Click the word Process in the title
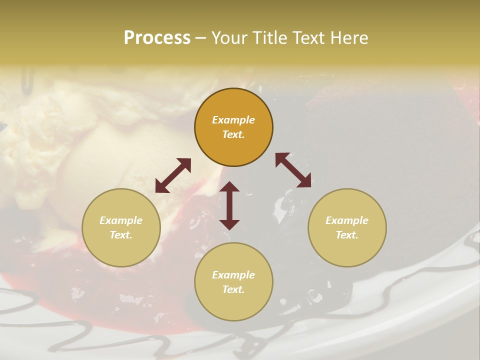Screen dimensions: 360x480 pyautogui.click(x=157, y=37)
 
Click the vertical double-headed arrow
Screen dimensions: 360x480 pyautogui.click(x=229, y=205)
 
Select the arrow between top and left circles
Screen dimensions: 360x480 pyautogui.click(x=173, y=175)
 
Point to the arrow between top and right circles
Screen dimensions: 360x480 pyautogui.click(x=293, y=170)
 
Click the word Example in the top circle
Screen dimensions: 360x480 pyautogui.click(x=233, y=120)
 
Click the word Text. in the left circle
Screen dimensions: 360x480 pyautogui.click(x=121, y=235)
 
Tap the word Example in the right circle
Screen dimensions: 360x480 pyautogui.click(x=347, y=220)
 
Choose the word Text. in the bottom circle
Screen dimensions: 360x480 pyautogui.click(x=233, y=289)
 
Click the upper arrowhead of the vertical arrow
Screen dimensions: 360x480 pyautogui.click(x=229, y=187)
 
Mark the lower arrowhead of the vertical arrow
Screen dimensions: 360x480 pyautogui.click(x=229, y=224)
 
